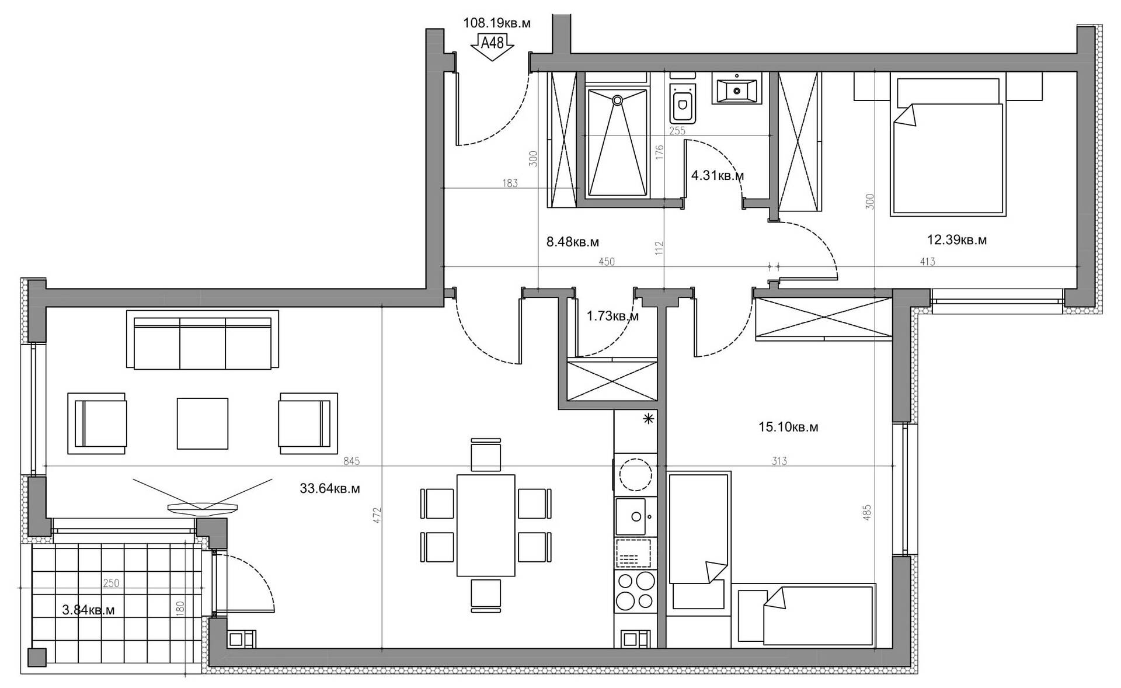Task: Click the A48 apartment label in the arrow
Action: [x=492, y=43]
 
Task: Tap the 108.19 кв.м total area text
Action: [x=497, y=23]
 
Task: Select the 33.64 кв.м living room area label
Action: [x=330, y=488]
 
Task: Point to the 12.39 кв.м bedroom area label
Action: [x=957, y=239]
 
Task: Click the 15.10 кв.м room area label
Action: [x=788, y=427]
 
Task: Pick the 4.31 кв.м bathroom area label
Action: [x=718, y=175]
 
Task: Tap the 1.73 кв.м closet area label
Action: [x=612, y=316]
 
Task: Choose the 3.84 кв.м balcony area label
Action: [x=88, y=610]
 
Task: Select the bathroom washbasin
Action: [x=737, y=90]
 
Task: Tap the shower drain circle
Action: [x=617, y=100]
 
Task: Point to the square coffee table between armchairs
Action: [x=203, y=423]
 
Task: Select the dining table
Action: [x=486, y=525]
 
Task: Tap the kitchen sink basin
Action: [x=631, y=516]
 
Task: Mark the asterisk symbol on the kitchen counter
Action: [x=648, y=418]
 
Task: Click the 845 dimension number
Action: [x=351, y=461]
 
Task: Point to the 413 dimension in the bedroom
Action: [x=927, y=262]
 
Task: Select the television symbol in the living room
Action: [x=203, y=507]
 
